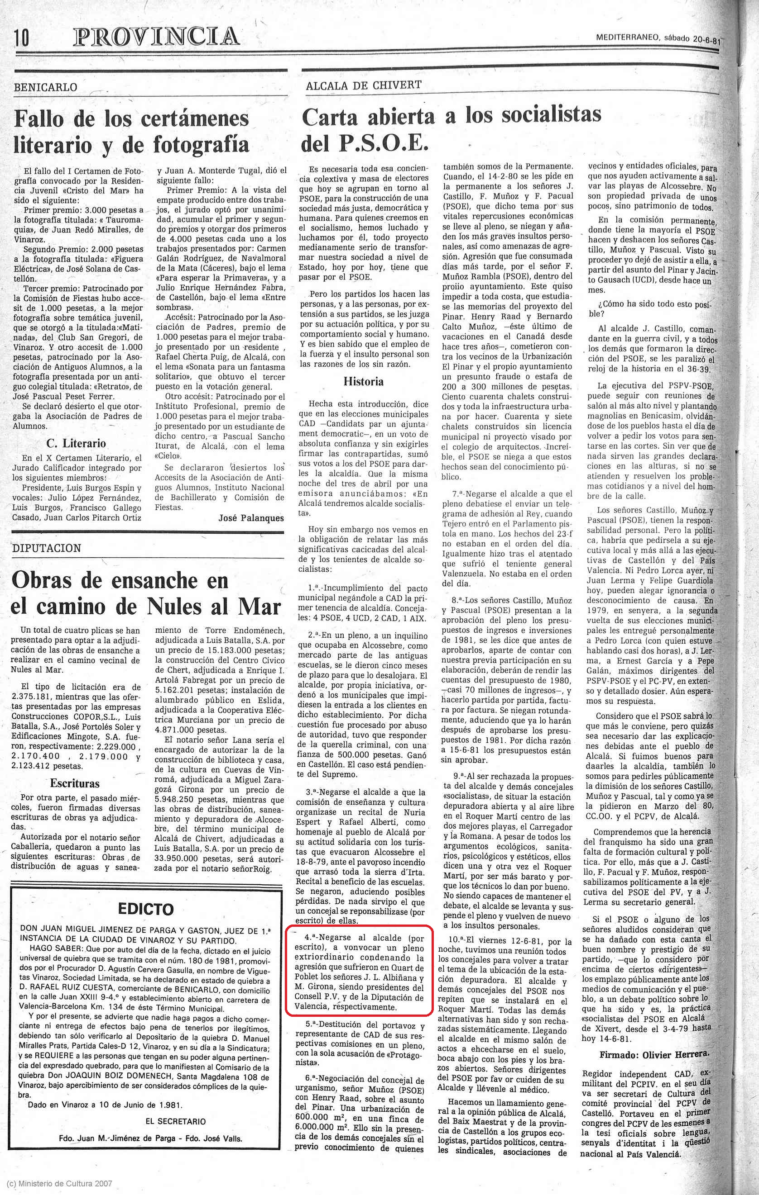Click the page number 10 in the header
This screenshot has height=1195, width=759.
[22, 38]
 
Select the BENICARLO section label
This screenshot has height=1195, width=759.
[46, 87]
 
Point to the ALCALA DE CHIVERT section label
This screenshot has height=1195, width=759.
[364, 86]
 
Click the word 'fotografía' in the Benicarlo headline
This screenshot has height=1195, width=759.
[201, 144]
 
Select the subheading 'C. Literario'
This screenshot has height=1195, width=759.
[76, 443]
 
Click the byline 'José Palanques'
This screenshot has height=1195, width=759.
[251, 518]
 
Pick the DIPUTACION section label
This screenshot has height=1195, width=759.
[46, 548]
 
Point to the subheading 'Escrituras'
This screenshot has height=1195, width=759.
[75, 783]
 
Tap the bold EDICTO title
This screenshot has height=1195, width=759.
[145, 909]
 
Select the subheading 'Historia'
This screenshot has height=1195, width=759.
[363, 382]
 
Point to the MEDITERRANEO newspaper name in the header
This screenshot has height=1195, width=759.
[628, 37]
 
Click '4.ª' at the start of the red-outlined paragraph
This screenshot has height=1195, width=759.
[311, 938]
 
